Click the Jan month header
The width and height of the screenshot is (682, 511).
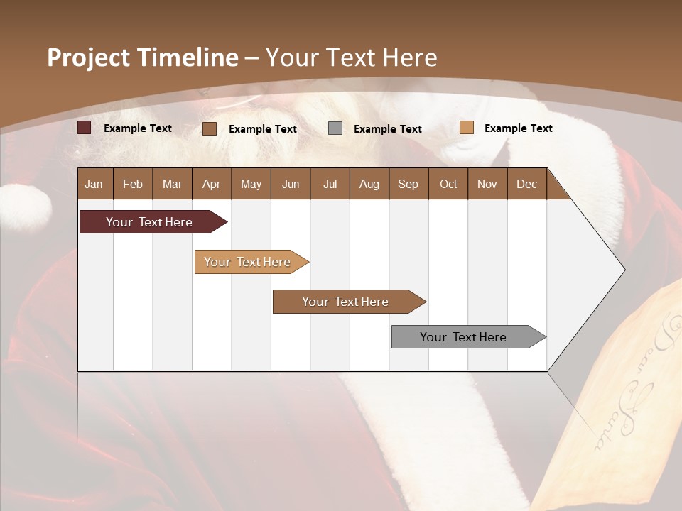tap(94, 184)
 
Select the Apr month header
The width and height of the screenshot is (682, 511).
tap(211, 184)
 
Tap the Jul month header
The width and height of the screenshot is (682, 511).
tap(330, 184)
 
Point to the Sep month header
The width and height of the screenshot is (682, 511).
tap(408, 184)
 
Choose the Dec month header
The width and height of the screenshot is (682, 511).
tap(526, 184)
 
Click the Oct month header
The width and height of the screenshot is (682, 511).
tap(448, 184)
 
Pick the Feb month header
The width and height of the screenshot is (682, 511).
tap(133, 184)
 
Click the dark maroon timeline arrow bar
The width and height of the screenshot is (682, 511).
tap(149, 222)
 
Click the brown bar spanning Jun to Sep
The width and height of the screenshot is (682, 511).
tap(346, 302)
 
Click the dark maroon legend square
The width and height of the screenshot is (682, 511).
tap(84, 128)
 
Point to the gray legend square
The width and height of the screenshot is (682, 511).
tap(335, 128)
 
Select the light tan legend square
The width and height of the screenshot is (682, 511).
tap(466, 128)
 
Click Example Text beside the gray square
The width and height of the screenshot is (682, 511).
tap(387, 128)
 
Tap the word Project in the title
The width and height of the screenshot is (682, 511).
tap(88, 57)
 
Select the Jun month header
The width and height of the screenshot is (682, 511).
tap(290, 184)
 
